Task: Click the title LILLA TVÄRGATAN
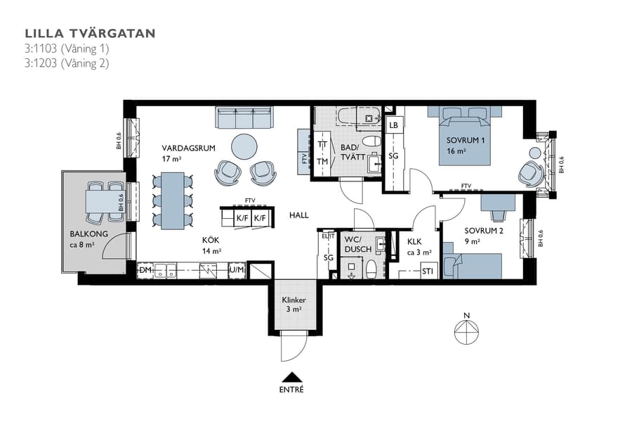90,33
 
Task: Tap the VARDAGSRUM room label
187,148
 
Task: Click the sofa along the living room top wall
244,117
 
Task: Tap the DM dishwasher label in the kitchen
145,269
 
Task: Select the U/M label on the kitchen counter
237,270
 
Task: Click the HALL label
299,216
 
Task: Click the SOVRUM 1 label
466,141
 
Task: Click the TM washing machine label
322,161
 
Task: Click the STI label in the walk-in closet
427,271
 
